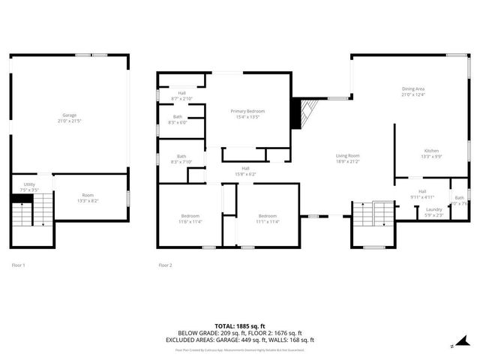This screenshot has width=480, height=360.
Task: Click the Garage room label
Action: pyautogui.click(x=68, y=118)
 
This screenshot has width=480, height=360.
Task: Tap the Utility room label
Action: pyautogui.click(x=29, y=186)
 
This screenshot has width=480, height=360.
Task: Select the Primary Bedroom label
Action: pyautogui.click(x=247, y=114)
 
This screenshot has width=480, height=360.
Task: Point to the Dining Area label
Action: pyautogui.click(x=413, y=91)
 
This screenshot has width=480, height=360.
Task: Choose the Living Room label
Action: pyautogui.click(x=347, y=158)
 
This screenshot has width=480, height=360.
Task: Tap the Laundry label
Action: pyautogui.click(x=433, y=211)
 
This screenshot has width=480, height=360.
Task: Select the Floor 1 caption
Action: pyautogui.click(x=18, y=265)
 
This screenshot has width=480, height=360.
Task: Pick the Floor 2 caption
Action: pyautogui.click(x=165, y=265)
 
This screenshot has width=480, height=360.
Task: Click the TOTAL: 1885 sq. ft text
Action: pyautogui.click(x=239, y=326)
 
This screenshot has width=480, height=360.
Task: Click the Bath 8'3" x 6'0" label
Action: pyautogui.click(x=178, y=119)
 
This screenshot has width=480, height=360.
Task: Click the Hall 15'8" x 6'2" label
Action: pyautogui.click(x=245, y=171)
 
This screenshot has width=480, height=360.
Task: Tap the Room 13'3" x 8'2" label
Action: pyautogui.click(x=88, y=198)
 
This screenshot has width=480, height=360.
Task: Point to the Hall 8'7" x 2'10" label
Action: pyautogui.click(x=182, y=96)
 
